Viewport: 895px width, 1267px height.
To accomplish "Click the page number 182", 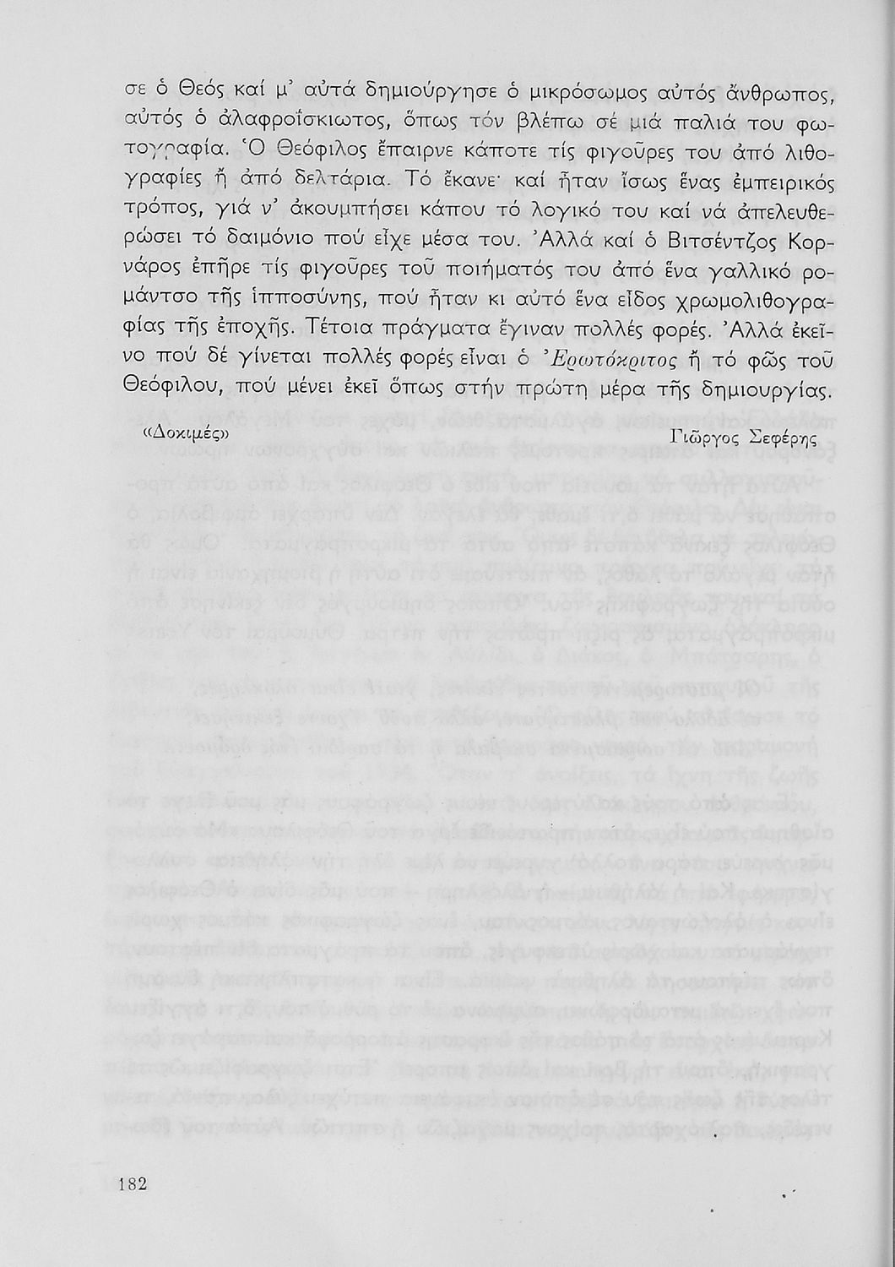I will [133, 1183].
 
